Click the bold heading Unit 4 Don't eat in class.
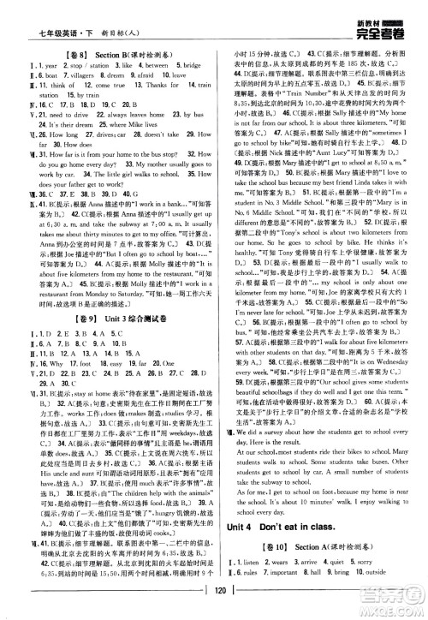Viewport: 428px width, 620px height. pyautogui.click(x=283, y=526)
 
